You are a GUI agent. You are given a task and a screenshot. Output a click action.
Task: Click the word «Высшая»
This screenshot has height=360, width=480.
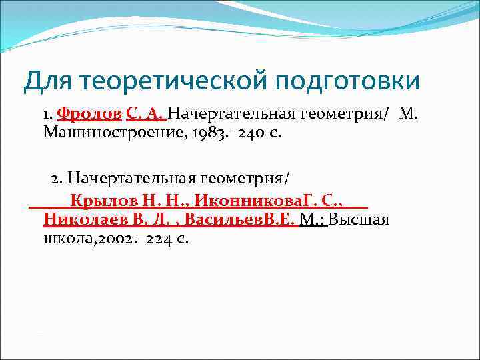click(359, 219)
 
